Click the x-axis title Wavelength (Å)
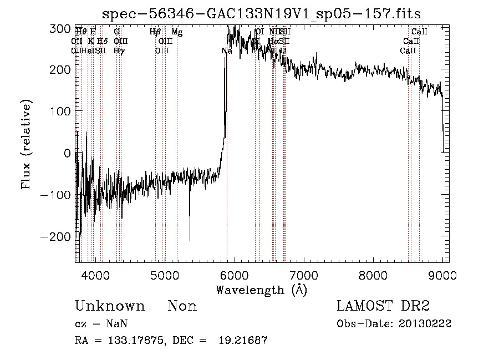(261, 290)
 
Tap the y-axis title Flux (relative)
(27, 145)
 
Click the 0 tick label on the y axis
(67, 153)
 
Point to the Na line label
(227, 51)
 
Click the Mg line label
(177, 32)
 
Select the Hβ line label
(155, 32)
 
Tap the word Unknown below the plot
(110, 306)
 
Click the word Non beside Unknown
(182, 306)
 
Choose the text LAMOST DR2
(383, 306)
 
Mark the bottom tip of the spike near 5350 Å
(190, 241)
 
